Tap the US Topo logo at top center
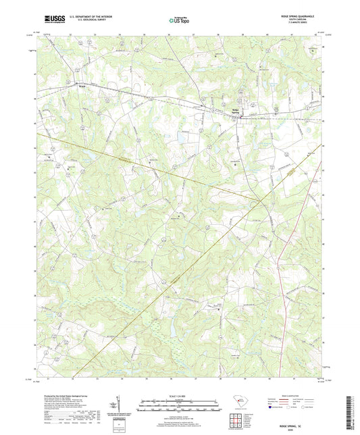(178, 21)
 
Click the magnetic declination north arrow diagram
(120, 407)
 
